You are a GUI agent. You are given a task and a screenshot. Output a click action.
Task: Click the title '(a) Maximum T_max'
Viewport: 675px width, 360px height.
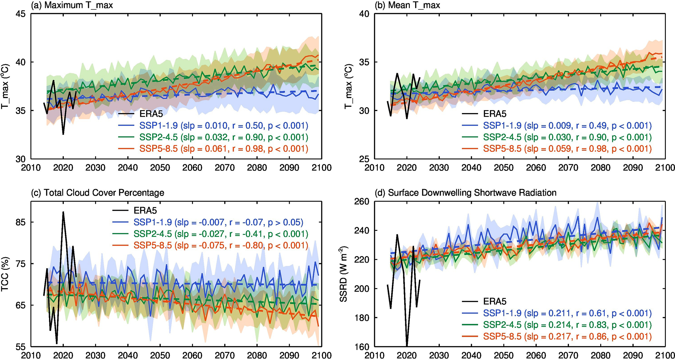pos(72,5)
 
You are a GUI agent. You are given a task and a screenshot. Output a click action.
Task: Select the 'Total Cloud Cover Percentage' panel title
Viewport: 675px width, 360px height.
pos(97,193)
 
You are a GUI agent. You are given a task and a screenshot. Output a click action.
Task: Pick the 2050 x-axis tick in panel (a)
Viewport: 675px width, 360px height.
pos(160,168)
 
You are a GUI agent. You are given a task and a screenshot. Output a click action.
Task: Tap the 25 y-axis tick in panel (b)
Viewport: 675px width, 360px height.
pos(365,159)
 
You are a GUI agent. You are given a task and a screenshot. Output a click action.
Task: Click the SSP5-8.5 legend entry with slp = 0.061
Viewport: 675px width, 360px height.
pos(224,149)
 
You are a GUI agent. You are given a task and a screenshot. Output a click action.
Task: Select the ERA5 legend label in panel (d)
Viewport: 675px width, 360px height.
pos(494,302)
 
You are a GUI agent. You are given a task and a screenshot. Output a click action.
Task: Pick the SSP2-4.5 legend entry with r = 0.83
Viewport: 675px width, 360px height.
pos(567,325)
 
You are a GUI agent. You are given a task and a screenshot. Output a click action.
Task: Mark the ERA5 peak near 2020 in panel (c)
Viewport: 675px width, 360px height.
pos(63,212)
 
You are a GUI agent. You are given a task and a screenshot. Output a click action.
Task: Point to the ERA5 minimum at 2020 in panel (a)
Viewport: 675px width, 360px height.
pos(63,134)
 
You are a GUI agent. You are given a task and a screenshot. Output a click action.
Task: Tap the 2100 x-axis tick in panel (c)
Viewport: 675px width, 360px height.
pos(321,355)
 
